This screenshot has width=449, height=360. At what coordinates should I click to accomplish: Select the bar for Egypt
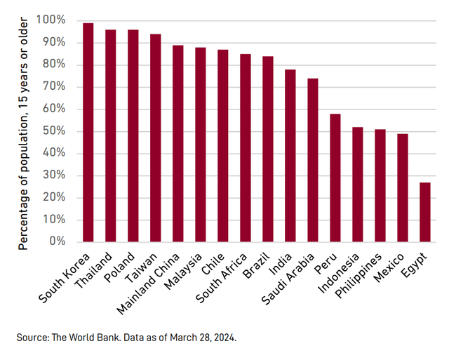tap(425, 212)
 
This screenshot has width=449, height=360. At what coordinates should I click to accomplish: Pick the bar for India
tap(290, 155)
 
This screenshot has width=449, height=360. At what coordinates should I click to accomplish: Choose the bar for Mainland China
tap(178, 143)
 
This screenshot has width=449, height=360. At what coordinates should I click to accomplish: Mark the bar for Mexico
tap(403, 187)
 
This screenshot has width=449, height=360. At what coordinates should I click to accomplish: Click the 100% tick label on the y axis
tap(51, 20)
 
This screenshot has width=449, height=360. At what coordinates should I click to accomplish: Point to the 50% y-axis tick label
tap(53, 131)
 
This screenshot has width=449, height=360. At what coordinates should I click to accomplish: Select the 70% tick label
tap(53, 87)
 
